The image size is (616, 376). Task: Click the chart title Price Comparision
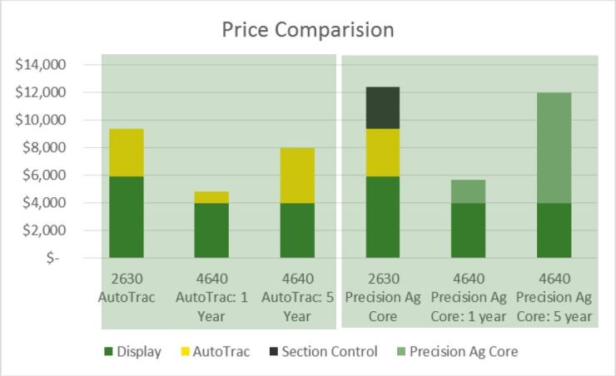click(x=307, y=30)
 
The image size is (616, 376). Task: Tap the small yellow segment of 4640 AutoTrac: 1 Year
click(x=211, y=197)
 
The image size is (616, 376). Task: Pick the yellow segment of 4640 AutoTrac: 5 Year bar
click(x=296, y=175)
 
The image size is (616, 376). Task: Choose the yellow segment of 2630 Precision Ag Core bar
click(x=382, y=152)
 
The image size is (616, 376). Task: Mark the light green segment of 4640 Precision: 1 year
click(x=468, y=191)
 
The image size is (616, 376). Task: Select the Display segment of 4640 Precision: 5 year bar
click(x=554, y=230)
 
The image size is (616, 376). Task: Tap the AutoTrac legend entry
click(x=213, y=351)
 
